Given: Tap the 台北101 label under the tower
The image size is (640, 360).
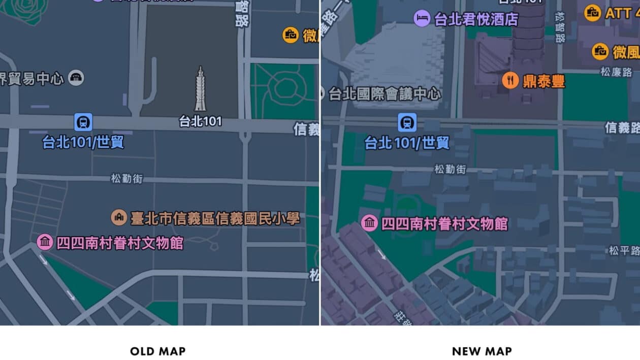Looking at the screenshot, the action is point(201,122).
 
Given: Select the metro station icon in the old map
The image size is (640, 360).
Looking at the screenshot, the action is point(83,122).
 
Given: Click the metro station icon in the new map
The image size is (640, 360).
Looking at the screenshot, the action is point(406,122).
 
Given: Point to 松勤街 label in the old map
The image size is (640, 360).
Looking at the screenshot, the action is point(127,179).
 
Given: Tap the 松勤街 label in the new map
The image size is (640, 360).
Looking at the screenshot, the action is point(450,169).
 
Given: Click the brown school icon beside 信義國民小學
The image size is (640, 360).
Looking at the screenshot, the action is point(119,218).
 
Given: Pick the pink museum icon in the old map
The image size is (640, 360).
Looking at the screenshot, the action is point(45,242).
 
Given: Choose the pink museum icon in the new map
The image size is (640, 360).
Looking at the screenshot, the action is point(369,223).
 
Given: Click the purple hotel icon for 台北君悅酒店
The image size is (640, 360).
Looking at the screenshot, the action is point(422,19).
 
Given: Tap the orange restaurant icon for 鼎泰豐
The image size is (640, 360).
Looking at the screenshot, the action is point(510,80).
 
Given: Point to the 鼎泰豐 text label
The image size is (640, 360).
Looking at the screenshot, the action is point(544,81).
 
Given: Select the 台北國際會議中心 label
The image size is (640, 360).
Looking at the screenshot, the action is point(385,93).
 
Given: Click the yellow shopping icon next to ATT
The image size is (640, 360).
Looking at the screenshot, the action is point(592,13).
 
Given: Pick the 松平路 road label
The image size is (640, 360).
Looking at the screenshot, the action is point(624,250).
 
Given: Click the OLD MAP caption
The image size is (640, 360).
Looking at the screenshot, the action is point(157,351).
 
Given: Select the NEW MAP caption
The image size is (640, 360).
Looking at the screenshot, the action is point(482,351).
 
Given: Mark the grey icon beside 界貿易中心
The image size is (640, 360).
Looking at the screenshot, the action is point(76,78).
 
